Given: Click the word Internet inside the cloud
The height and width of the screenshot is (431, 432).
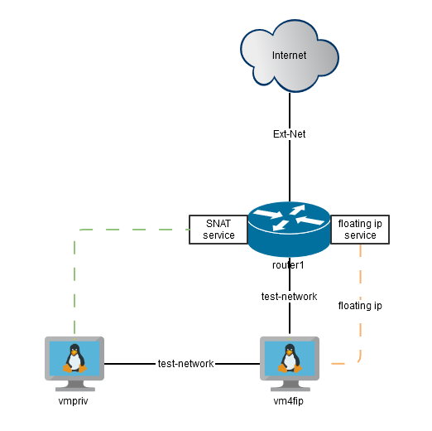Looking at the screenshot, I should click(x=289, y=56).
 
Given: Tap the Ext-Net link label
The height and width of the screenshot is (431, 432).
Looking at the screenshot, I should click(x=290, y=133).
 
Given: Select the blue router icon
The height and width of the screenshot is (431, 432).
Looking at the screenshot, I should click(x=289, y=232).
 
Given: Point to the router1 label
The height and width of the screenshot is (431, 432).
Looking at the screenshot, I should click(x=289, y=265).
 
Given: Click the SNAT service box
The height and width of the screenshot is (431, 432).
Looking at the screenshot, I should click(x=214, y=229).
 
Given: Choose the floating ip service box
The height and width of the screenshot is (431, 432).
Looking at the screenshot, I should click(x=360, y=229).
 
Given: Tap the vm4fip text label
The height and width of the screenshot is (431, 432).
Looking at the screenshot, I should click(x=290, y=400).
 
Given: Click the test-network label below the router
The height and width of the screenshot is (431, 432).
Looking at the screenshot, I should click(x=290, y=296).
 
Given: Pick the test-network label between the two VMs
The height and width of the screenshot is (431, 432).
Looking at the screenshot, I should click(x=186, y=363).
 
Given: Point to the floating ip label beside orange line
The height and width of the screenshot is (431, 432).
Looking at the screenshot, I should click(x=360, y=306).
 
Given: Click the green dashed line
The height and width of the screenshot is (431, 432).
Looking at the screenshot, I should click(x=75, y=282).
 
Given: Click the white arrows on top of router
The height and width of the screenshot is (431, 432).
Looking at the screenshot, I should click(x=288, y=216).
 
